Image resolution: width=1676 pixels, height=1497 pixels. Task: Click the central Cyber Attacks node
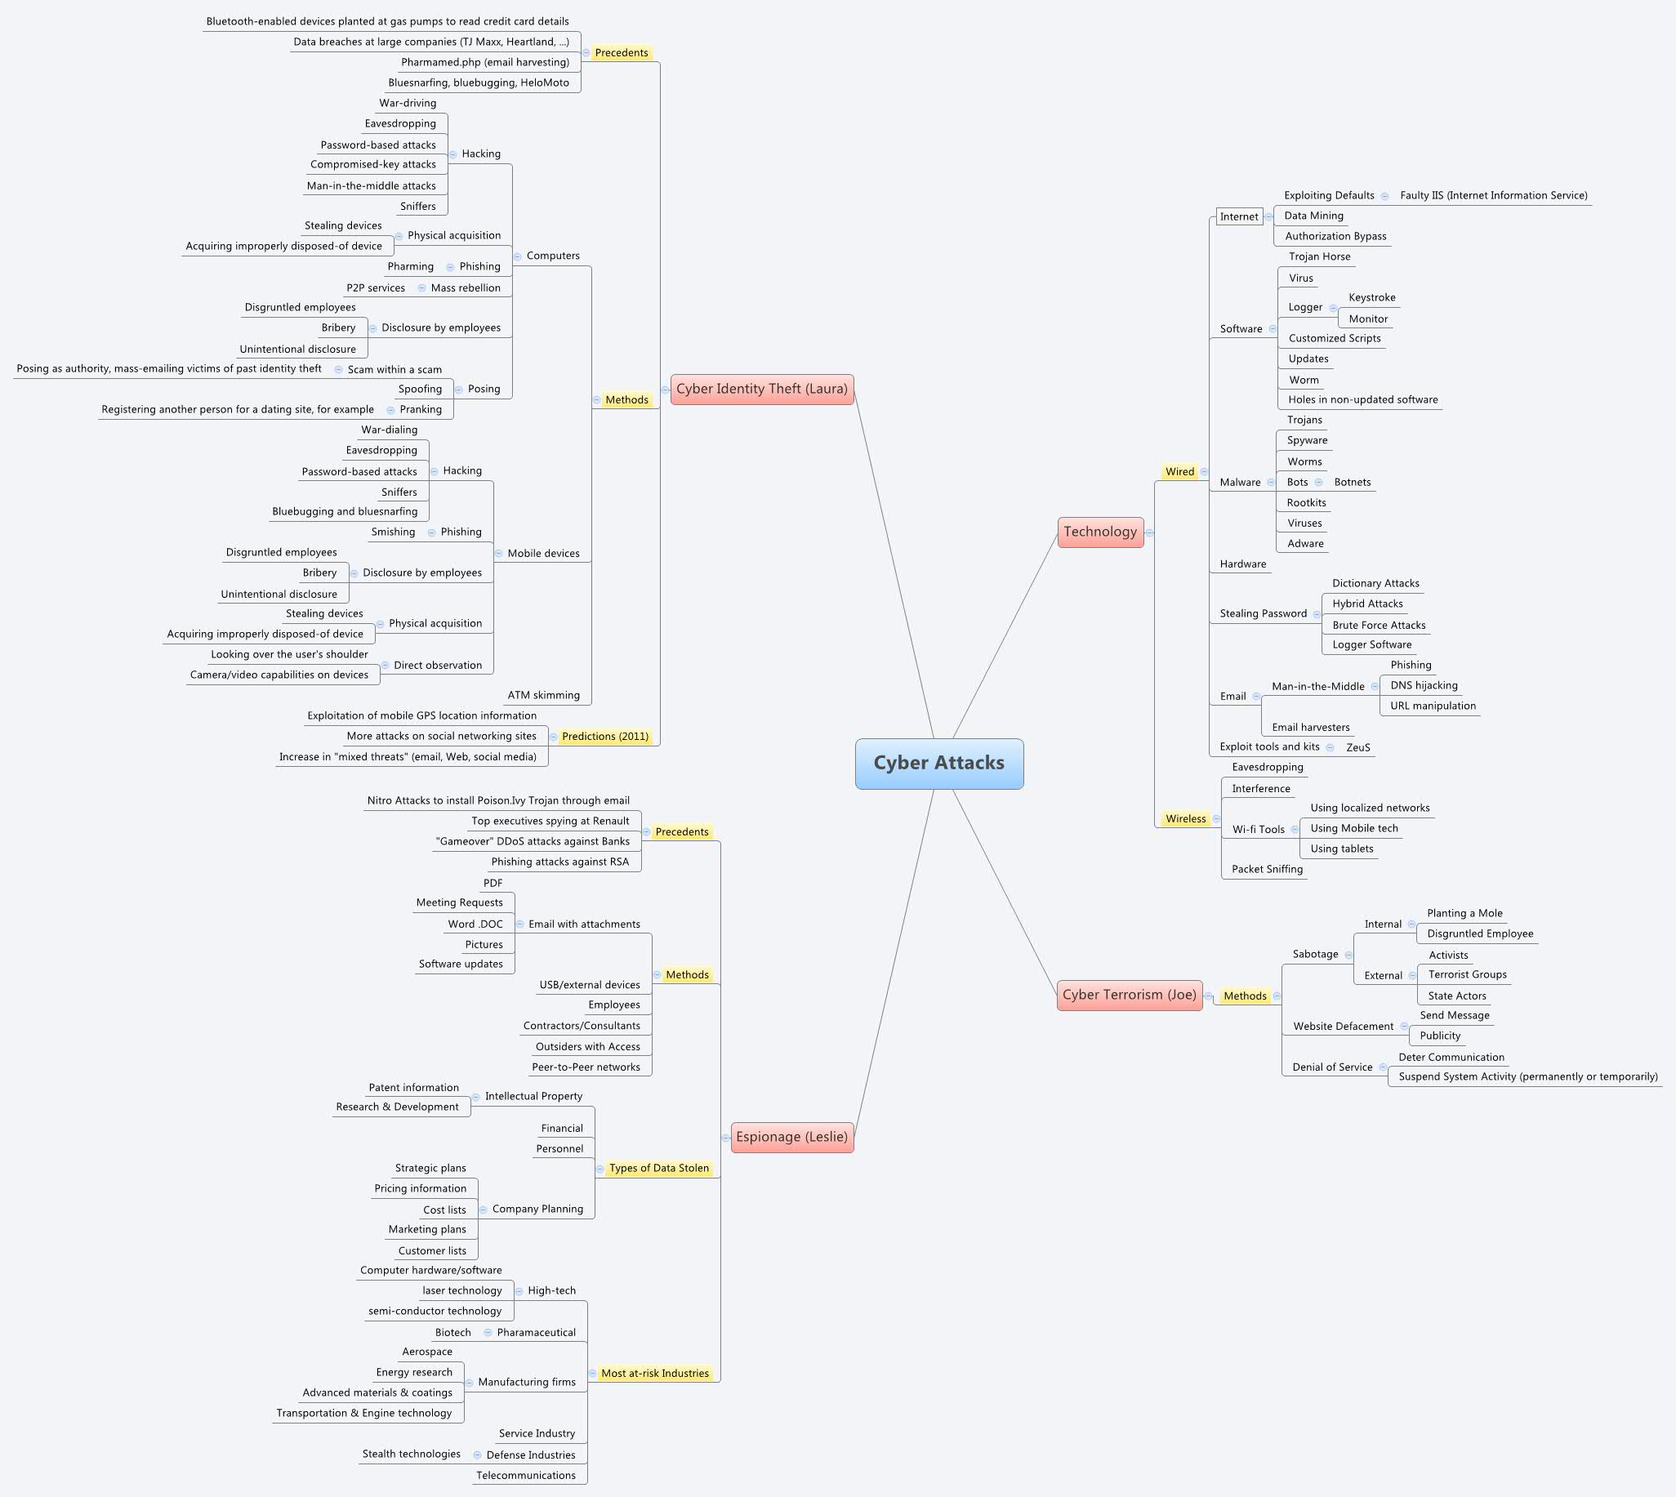[938, 764]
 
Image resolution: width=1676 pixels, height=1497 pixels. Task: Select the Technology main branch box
[1099, 532]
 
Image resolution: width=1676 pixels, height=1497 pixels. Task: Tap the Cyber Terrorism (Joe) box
[1128, 995]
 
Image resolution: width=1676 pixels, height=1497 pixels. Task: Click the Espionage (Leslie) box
[791, 1137]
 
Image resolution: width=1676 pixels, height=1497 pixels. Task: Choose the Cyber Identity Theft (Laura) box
[761, 389]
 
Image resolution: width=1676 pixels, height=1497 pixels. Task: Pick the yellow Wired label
[1179, 471]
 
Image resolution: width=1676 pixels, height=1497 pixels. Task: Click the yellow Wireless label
[1185, 818]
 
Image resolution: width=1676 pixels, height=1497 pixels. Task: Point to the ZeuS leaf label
[1357, 746]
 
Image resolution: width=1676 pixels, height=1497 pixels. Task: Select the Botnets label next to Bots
[1352, 482]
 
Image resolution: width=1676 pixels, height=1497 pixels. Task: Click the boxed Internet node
[1238, 216]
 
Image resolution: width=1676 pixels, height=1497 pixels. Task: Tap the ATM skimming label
[543, 695]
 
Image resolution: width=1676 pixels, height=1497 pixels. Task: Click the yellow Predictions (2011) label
[605, 736]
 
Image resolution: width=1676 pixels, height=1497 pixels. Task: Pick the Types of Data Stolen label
[659, 1168]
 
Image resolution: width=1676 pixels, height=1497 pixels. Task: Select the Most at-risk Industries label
[654, 1373]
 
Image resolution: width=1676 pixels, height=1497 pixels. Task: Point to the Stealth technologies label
[411, 1454]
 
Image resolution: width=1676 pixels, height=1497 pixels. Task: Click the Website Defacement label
[1343, 1026]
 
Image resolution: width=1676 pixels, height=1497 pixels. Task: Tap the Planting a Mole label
[1464, 913]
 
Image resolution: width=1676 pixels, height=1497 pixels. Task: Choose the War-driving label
[408, 103]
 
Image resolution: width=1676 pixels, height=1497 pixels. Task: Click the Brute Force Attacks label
[1379, 625]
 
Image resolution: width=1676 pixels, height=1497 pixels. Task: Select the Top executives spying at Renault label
[550, 821]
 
